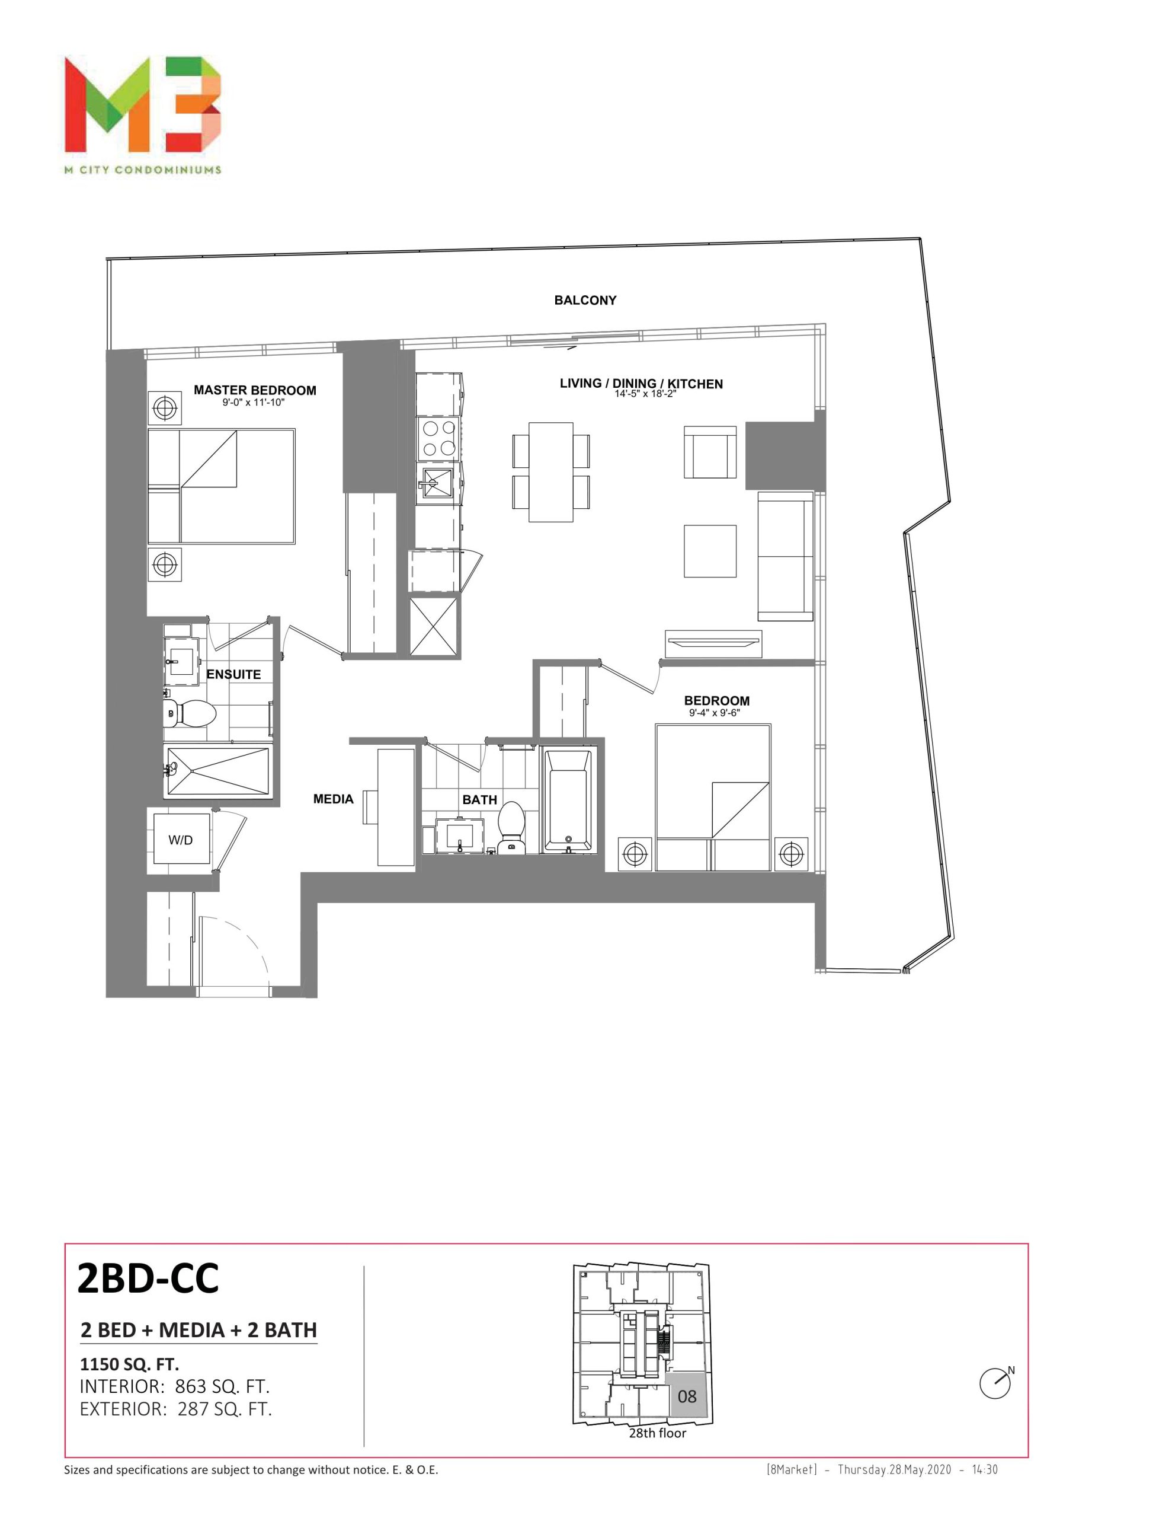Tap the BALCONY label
click(585, 300)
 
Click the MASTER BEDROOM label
click(255, 390)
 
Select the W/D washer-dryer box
click(181, 839)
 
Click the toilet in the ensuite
click(190, 712)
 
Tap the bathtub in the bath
click(568, 800)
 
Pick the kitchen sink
click(438, 482)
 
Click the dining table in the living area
click(551, 471)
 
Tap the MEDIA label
click(333, 799)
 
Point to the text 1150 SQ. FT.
click(129, 1364)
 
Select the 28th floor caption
click(657, 1433)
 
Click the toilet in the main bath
click(511, 827)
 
